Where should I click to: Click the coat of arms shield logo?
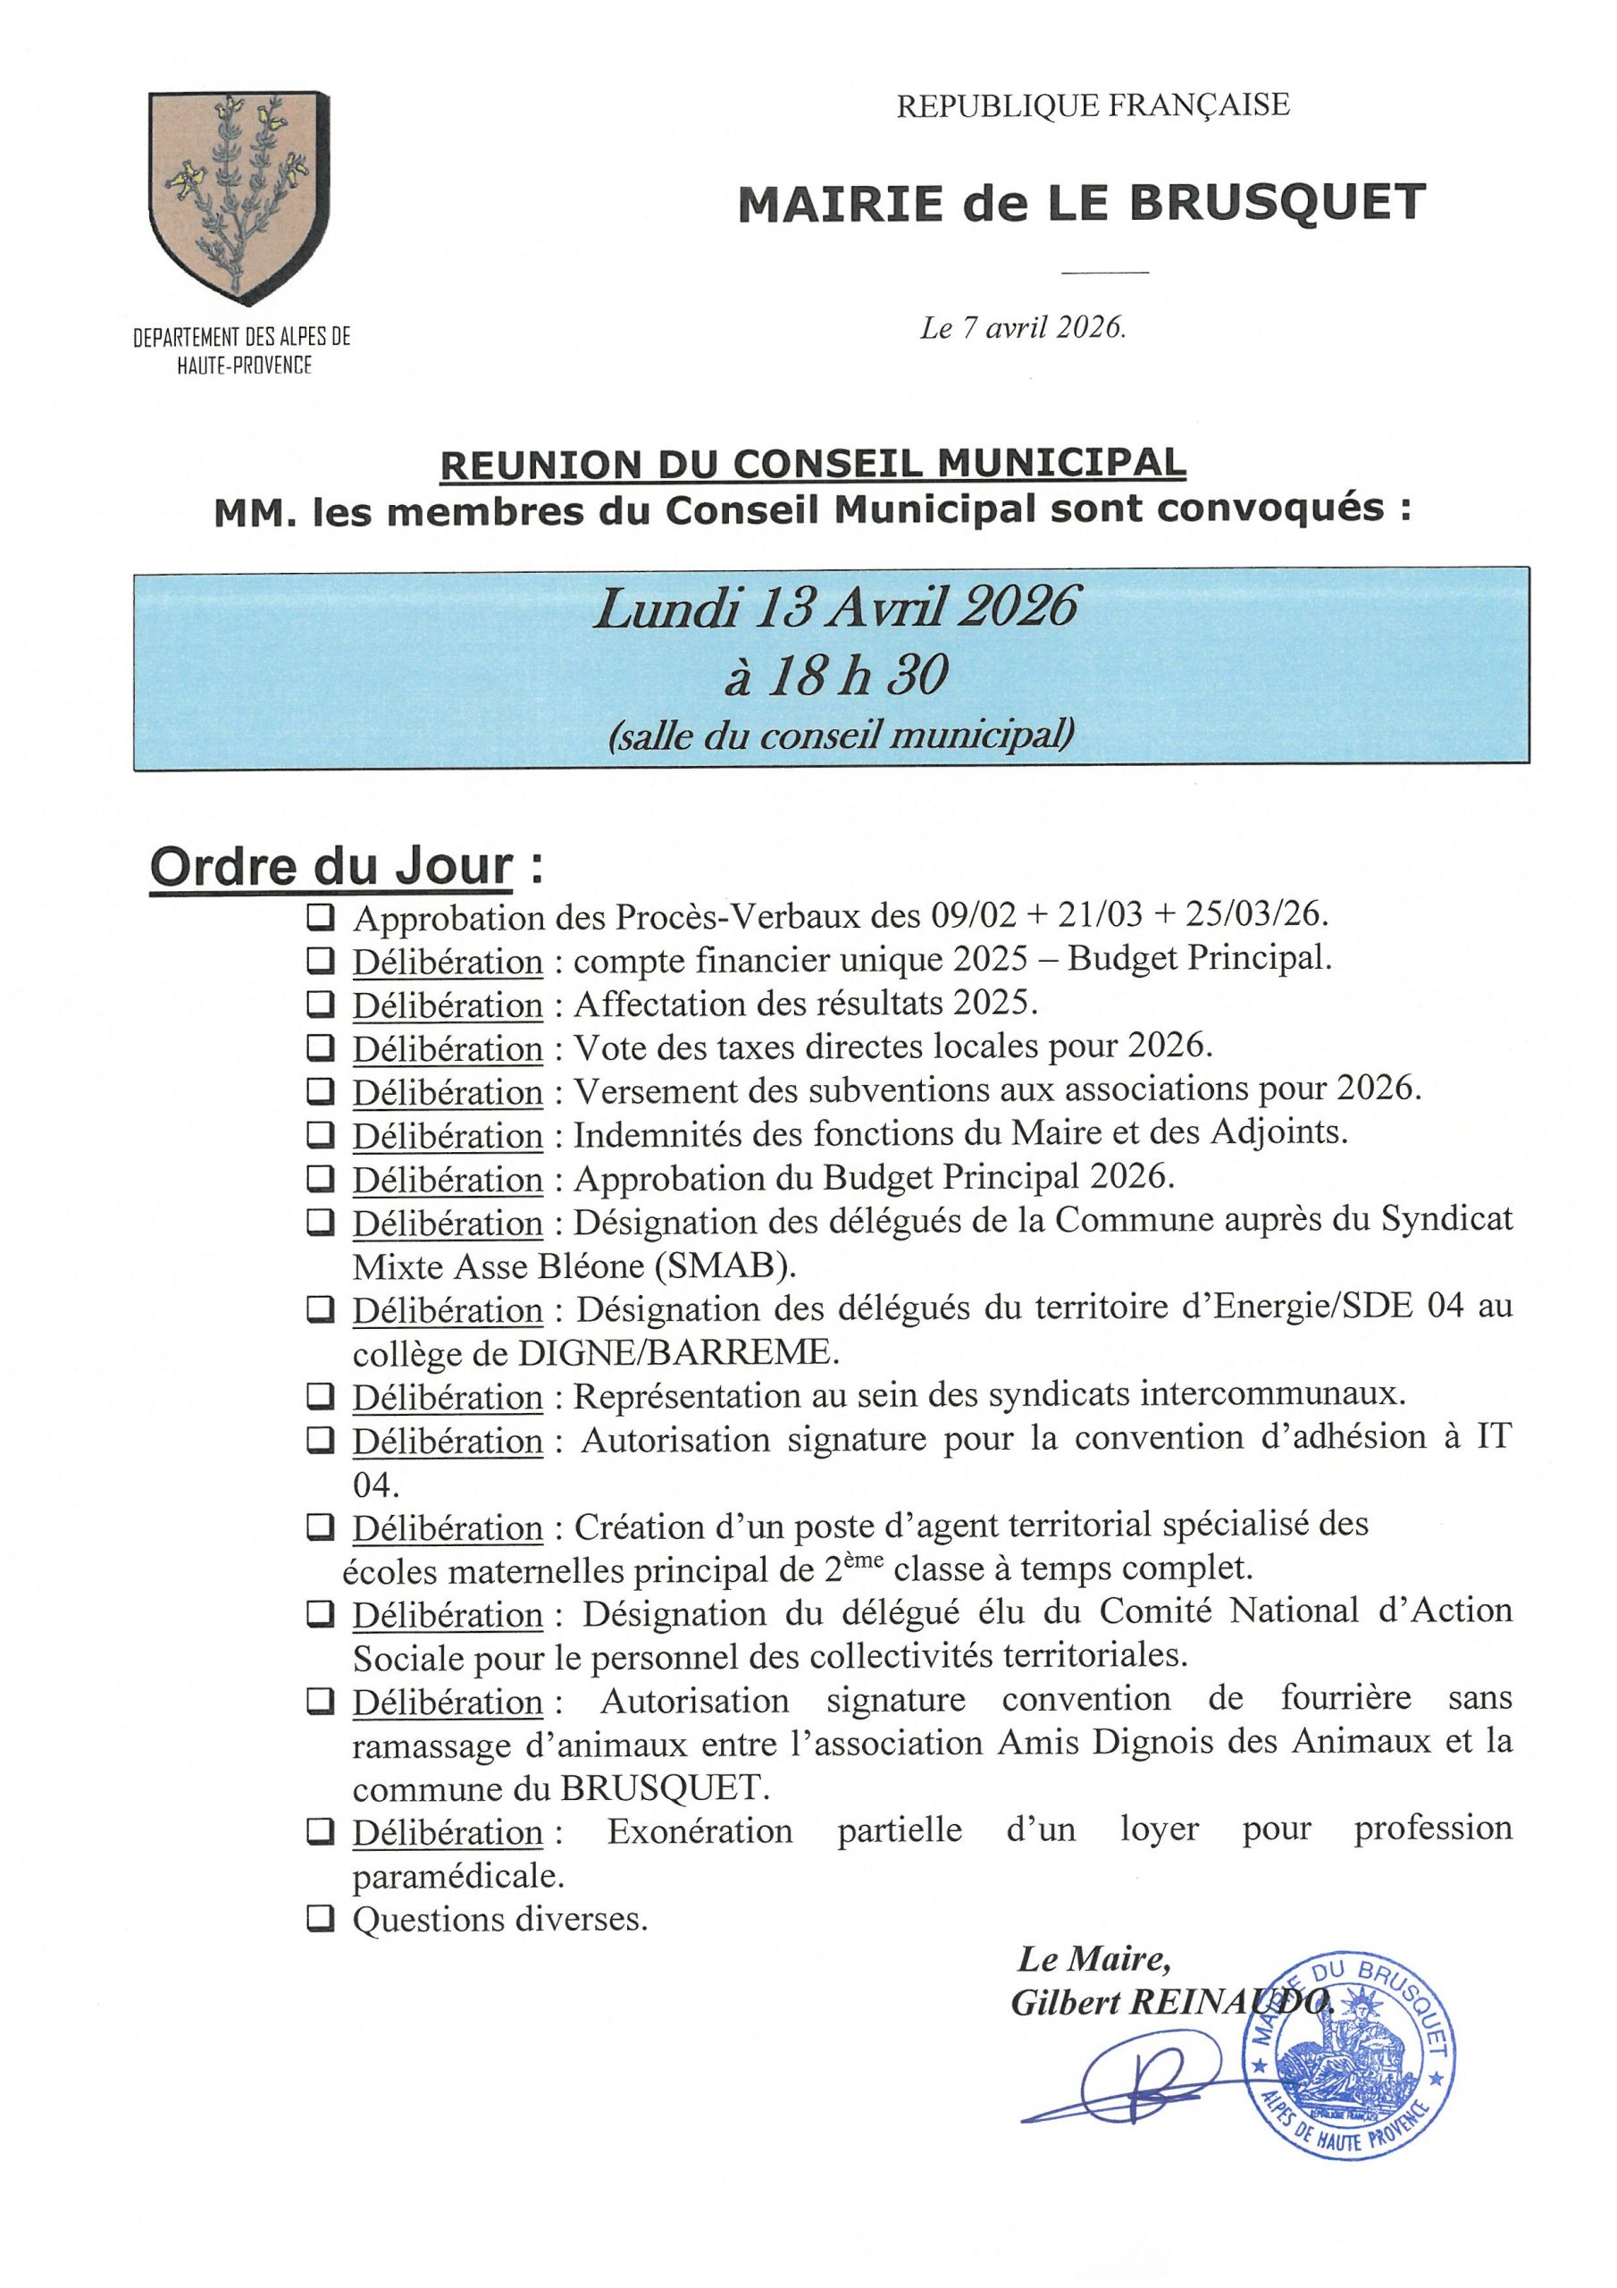click(239, 197)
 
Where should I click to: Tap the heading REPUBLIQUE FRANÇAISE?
click(1093, 105)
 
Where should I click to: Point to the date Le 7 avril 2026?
click(1023, 328)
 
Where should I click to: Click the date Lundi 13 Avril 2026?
click(835, 607)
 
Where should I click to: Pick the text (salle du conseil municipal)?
click(840, 735)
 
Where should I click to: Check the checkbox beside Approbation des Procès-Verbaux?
click(320, 916)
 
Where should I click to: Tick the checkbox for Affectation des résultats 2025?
click(320, 1004)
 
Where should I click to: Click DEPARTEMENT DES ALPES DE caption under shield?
click(242, 337)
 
